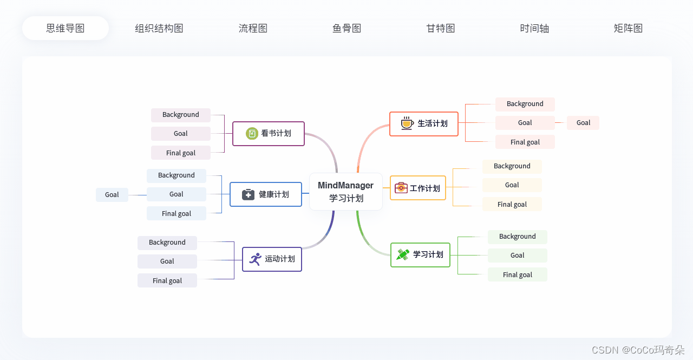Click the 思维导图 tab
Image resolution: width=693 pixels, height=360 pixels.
coord(66,28)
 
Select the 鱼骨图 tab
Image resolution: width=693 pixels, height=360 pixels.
coord(346,28)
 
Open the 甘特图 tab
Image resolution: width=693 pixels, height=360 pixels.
coord(440,28)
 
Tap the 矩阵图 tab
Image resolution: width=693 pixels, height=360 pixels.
coord(628,28)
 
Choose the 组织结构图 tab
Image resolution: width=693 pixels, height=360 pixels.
coord(159,28)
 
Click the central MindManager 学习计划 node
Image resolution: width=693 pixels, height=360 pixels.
coord(346,192)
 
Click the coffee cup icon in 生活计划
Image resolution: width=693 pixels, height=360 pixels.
coord(407,123)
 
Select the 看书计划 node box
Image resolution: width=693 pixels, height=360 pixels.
coord(269,133)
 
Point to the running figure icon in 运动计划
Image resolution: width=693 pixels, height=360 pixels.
coord(255,259)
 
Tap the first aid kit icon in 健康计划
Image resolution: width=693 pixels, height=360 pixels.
coord(248,194)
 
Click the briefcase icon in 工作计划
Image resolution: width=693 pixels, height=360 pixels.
coord(401,188)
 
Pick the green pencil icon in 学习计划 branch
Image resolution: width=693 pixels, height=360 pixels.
coord(403,254)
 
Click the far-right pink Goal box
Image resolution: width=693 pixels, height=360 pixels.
coord(583,123)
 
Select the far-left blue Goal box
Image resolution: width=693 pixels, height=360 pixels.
coord(112,194)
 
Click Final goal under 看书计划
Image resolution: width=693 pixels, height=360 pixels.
coord(181,153)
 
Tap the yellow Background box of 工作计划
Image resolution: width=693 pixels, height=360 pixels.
coord(512,166)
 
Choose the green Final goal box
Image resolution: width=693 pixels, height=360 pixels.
coord(517,274)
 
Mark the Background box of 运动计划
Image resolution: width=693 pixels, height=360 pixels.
coord(167,243)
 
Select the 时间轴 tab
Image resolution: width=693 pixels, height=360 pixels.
coord(534,28)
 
